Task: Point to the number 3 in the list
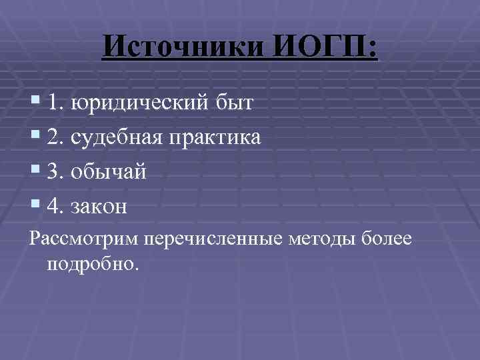click(53, 172)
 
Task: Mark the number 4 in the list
click(53, 207)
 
